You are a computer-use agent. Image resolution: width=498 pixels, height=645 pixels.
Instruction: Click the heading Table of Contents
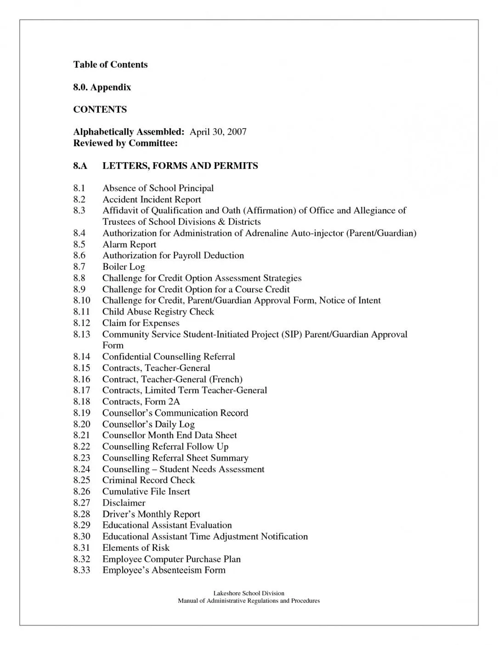(x=110, y=64)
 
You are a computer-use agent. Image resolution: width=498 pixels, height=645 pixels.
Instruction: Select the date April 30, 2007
(x=218, y=132)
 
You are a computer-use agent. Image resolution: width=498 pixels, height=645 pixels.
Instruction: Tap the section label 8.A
(x=80, y=166)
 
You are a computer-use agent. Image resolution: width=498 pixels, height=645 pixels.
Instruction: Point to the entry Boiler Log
(x=124, y=267)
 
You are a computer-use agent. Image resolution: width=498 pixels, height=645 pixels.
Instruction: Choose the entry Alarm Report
(x=129, y=244)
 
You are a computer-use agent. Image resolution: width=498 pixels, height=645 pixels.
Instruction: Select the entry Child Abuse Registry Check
(x=158, y=312)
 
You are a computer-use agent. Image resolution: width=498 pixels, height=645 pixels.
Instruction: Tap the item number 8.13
(x=82, y=334)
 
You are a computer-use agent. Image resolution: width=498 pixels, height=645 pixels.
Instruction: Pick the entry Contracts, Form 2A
(x=141, y=402)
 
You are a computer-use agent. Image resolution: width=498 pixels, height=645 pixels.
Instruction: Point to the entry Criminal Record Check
(x=148, y=480)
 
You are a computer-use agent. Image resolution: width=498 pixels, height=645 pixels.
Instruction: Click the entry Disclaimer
(x=124, y=503)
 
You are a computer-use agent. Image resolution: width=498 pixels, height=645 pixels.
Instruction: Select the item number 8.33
(x=82, y=571)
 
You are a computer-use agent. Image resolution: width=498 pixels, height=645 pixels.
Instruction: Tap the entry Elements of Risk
(x=136, y=548)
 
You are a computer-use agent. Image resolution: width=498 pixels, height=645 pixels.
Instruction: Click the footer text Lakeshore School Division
(x=249, y=594)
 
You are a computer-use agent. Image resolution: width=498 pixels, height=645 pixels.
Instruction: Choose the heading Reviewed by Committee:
(x=125, y=143)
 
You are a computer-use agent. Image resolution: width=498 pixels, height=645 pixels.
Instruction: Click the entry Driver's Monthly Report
(x=151, y=514)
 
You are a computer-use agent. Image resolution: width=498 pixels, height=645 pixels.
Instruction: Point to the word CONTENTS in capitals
(x=100, y=109)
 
